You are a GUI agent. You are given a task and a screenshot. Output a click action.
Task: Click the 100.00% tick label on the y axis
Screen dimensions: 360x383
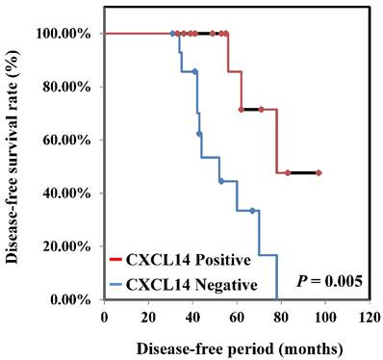pos(64,34)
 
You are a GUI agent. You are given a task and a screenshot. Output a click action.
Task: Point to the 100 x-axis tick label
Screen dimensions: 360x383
pos(325,316)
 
